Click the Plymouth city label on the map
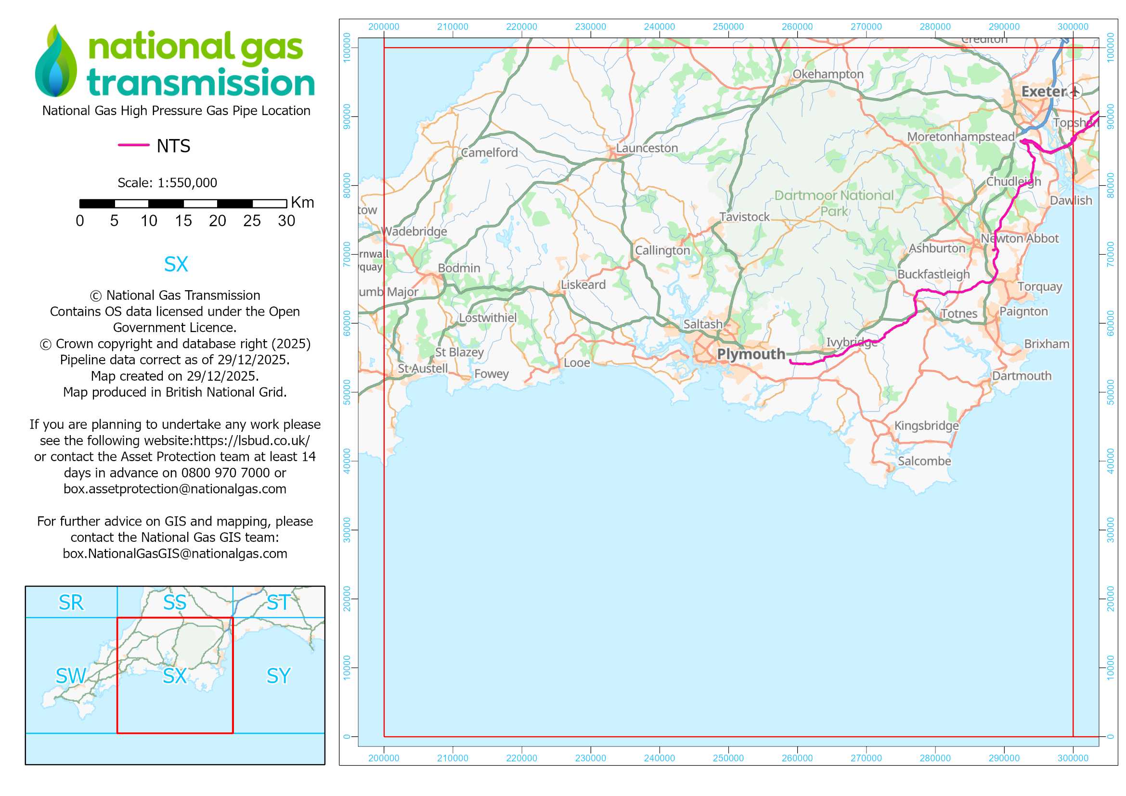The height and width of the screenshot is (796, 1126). coord(751,354)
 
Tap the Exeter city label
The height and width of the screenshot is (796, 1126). coord(1044,91)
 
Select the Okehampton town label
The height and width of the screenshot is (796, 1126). coord(828,74)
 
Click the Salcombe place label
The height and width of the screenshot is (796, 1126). coord(924,461)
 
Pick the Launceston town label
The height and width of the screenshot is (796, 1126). coord(647,148)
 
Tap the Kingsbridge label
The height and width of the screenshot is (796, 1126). coord(926,425)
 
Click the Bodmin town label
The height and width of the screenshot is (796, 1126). coord(459,268)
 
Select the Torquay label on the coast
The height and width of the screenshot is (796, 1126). coord(1039,287)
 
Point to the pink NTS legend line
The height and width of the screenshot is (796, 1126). coord(133,145)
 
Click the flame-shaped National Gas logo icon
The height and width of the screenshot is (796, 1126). coord(56,61)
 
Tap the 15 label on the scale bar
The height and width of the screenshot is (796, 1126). coord(183,221)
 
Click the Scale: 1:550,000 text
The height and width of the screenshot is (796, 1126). coord(167,183)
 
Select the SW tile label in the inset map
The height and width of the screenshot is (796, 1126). coord(71,676)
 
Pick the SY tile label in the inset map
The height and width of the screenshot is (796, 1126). coord(278,676)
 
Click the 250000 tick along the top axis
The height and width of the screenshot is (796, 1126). coord(728,27)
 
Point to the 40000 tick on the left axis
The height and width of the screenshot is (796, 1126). coord(347,461)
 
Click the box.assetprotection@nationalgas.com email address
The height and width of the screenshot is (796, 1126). coord(175,489)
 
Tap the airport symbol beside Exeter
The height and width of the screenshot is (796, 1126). coord(1074,91)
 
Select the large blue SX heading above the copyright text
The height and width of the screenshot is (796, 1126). coord(176,264)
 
